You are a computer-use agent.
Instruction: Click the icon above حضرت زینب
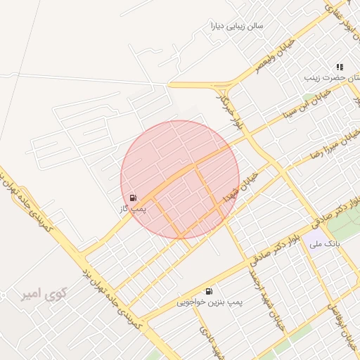(x=340, y=66)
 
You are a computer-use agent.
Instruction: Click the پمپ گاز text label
(x=134, y=209)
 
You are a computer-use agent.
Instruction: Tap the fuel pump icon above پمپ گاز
(x=134, y=198)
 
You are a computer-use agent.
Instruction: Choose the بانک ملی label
(x=326, y=243)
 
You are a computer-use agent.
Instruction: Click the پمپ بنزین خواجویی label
(x=210, y=302)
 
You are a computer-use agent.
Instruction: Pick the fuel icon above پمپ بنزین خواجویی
(x=209, y=291)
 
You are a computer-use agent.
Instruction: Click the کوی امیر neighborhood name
(x=39, y=291)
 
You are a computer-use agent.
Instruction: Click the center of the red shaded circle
(x=180, y=179)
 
